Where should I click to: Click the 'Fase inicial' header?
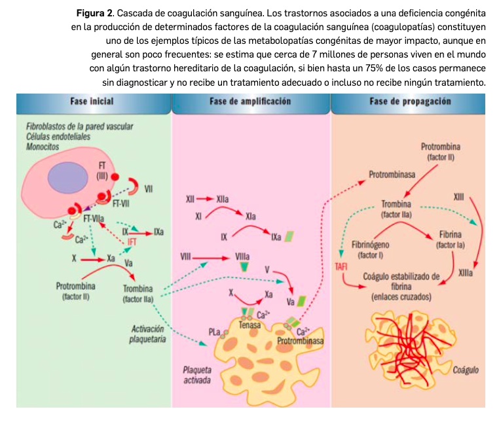pyautogui.click(x=92, y=101)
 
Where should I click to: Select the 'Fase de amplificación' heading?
pyautogui.click(x=251, y=101)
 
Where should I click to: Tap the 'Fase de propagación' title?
pyautogui.click(x=411, y=101)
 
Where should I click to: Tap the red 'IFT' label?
pyautogui.click(x=132, y=242)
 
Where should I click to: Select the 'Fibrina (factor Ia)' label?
pyautogui.click(x=449, y=239)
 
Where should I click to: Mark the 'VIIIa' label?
pyautogui.click(x=242, y=257)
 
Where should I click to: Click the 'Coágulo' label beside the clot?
pyautogui.click(x=462, y=370)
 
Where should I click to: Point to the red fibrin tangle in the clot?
pyautogui.click(x=409, y=347)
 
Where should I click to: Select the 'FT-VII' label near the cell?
pyautogui.click(x=121, y=203)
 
